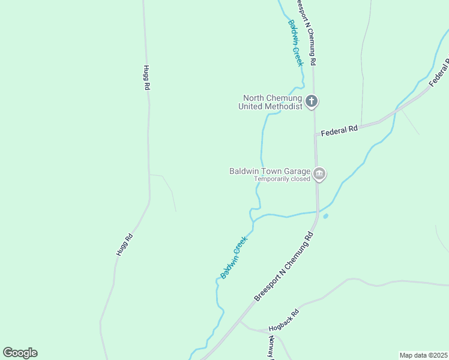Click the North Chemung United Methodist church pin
click(x=311, y=101)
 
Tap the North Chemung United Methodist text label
click(x=272, y=102)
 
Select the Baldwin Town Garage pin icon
click(x=319, y=174)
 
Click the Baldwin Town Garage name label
click(x=270, y=171)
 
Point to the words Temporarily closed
click(x=282, y=179)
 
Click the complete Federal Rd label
click(x=339, y=130)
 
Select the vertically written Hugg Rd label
click(x=146, y=77)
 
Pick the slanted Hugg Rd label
click(x=124, y=245)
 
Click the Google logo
click(x=20, y=353)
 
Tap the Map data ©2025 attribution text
click(x=424, y=355)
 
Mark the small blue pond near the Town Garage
click(x=325, y=216)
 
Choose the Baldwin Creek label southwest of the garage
click(x=234, y=257)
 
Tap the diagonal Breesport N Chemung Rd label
click(x=284, y=267)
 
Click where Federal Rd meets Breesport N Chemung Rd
click(x=316, y=135)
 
